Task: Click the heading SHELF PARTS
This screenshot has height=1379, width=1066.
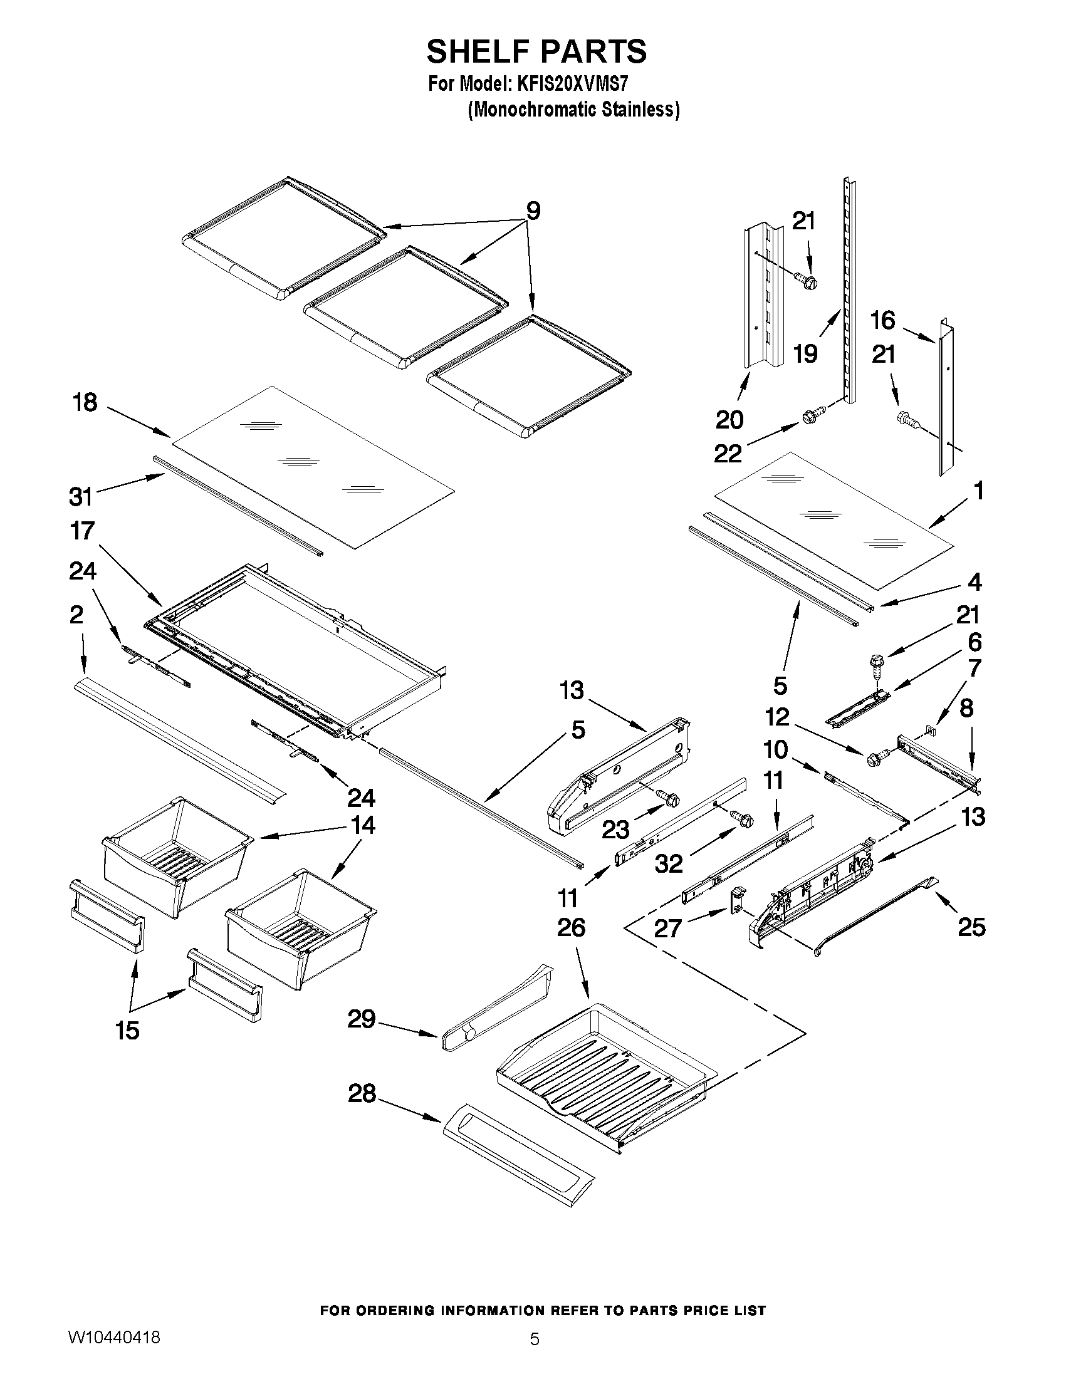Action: pyautogui.click(x=536, y=51)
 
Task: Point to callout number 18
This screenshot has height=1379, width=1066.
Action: pyautogui.click(x=85, y=402)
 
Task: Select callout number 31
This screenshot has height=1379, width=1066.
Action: pyautogui.click(x=81, y=497)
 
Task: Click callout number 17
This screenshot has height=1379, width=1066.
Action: pyautogui.click(x=83, y=531)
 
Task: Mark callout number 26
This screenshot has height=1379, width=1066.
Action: pyautogui.click(x=571, y=927)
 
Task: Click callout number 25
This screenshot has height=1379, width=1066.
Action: pyautogui.click(x=971, y=927)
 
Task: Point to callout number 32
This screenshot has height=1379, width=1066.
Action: pyautogui.click(x=669, y=863)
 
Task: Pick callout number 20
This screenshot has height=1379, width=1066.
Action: pyautogui.click(x=729, y=419)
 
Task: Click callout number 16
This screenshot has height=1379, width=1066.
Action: pyautogui.click(x=883, y=320)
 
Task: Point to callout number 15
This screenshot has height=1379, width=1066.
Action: pyautogui.click(x=127, y=1031)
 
